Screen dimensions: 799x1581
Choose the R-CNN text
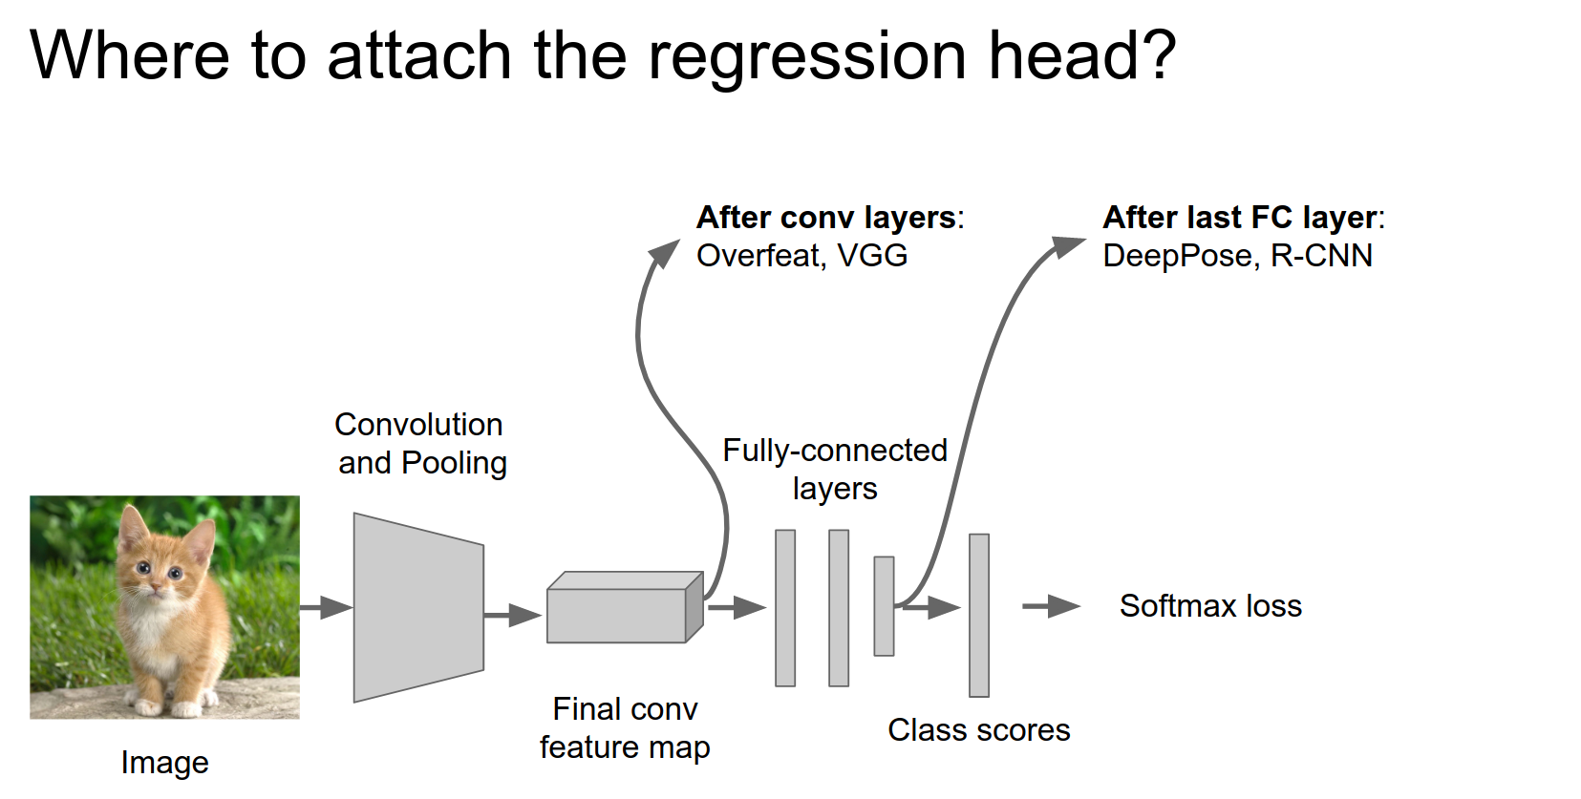tap(1321, 256)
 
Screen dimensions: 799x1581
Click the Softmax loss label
tap(1210, 606)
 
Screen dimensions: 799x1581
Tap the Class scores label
tap(978, 730)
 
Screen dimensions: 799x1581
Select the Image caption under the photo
tap(164, 763)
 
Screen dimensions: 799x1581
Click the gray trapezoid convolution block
tap(418, 608)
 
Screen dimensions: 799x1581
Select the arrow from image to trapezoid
tap(326, 607)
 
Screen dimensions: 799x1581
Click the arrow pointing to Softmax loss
tap(1051, 606)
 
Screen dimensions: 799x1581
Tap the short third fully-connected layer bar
tap(884, 606)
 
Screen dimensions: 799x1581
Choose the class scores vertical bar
tap(978, 616)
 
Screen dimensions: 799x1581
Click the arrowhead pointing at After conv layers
tap(662, 253)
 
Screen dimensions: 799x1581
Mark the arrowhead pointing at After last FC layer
tap(1067, 246)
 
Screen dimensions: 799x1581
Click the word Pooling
tap(454, 463)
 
